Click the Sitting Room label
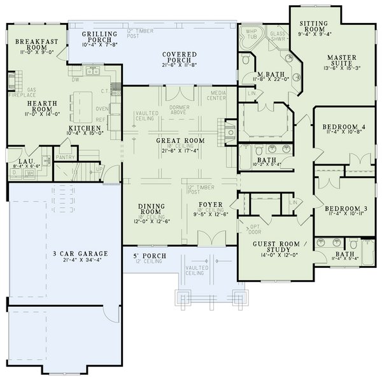(x=313, y=27)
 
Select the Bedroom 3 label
(x=343, y=209)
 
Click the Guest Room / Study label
(x=279, y=246)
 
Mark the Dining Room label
(x=153, y=209)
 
